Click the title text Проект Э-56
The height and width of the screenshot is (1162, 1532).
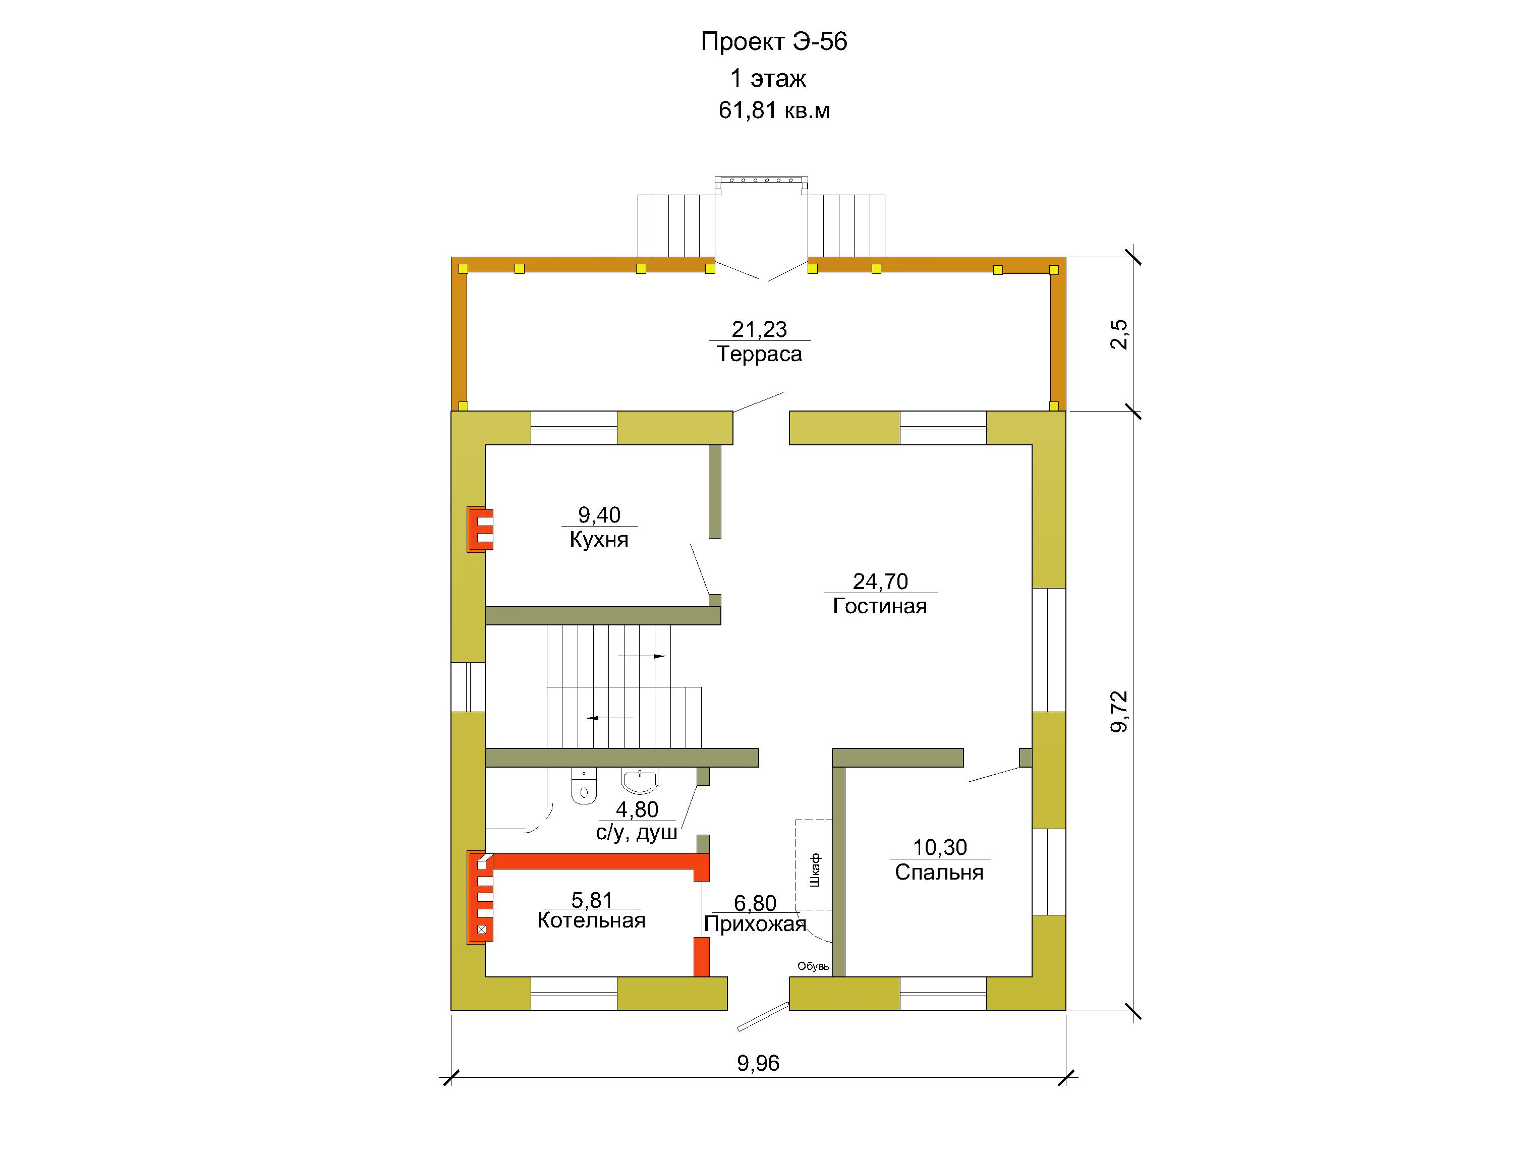pyautogui.click(x=774, y=41)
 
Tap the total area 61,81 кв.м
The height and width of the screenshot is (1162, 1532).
pyautogui.click(x=774, y=110)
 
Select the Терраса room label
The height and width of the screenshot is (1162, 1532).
pyautogui.click(x=759, y=354)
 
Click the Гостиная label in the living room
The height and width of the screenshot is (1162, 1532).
pyautogui.click(x=880, y=606)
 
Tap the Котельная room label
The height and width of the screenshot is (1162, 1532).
pyautogui.click(x=592, y=920)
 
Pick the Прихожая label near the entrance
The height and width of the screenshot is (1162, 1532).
pyautogui.click(x=755, y=924)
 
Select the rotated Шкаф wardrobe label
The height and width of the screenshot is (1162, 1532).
pyautogui.click(x=815, y=870)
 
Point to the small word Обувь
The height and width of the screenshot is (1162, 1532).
pyautogui.click(x=813, y=966)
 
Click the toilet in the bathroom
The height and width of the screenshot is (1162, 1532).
pyautogui.click(x=584, y=787)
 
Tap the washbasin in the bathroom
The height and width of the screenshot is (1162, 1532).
pyautogui.click(x=640, y=781)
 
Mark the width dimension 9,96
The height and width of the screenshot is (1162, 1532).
pyautogui.click(x=758, y=1063)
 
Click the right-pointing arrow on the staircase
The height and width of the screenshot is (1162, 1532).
pyautogui.click(x=642, y=656)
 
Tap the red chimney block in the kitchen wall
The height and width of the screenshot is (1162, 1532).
pyautogui.click(x=480, y=529)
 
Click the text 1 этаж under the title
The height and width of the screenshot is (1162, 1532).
pyautogui.click(x=768, y=78)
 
